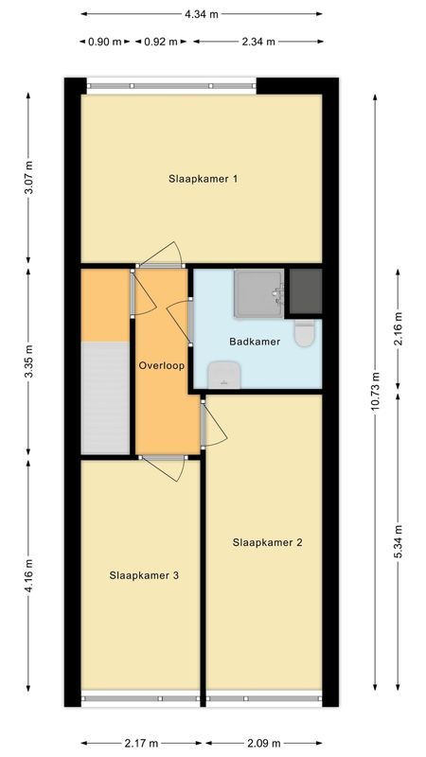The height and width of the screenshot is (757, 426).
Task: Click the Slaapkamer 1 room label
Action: coord(203,179)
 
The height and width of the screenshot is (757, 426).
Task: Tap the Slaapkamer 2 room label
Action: coord(267,542)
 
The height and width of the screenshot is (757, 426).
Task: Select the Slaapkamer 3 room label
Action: coord(143,574)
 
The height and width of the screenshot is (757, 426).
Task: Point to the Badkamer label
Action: coord(255,342)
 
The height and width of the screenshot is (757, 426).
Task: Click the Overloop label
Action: coord(161,364)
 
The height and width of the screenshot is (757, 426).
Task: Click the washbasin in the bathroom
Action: coord(223,375)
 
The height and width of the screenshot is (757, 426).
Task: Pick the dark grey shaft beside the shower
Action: coord(305,291)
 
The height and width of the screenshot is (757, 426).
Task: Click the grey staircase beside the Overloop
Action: coord(103,397)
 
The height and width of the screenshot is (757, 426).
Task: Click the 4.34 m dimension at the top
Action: coord(201,14)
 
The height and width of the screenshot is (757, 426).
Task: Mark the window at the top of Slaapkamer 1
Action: coord(171,85)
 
